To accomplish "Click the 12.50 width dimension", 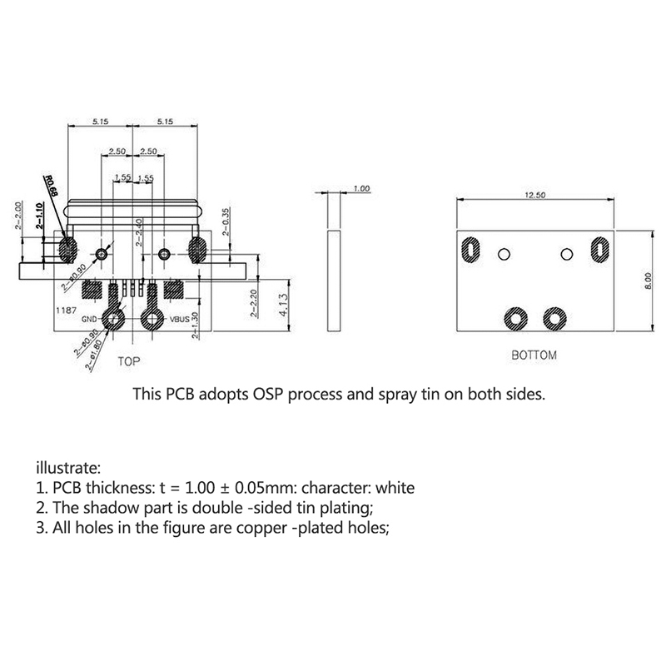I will click(x=534, y=194).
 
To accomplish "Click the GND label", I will click(x=90, y=319).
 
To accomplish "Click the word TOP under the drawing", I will click(x=128, y=361).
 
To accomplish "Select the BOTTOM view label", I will click(x=534, y=355).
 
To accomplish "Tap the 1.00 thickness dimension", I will click(x=361, y=189).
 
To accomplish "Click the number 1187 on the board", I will click(x=67, y=308).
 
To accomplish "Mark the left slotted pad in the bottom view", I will click(x=470, y=249).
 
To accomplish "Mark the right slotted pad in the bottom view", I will click(x=598, y=249).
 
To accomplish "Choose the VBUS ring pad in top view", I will click(x=152, y=317).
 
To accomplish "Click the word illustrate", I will click(x=68, y=466).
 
